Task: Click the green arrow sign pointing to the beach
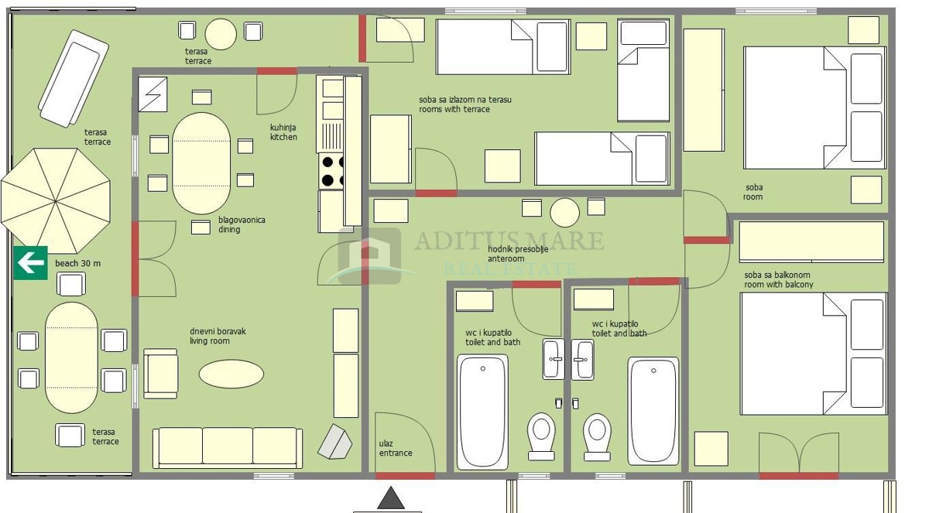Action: point(30,263)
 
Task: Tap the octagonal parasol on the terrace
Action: point(56,201)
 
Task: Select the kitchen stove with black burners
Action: point(331,171)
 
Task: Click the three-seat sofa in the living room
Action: point(228,448)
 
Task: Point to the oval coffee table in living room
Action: point(231,374)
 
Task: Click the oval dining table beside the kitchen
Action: point(201,163)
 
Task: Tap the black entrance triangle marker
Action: point(391,498)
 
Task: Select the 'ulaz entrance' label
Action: point(396,448)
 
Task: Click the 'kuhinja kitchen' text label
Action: point(283,132)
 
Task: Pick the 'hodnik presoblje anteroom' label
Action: point(518,254)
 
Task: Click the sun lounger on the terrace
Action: point(74,78)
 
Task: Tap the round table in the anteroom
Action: point(564,213)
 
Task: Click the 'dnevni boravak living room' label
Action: point(218,336)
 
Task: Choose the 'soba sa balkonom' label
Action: point(776,275)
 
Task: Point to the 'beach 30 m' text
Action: point(77,263)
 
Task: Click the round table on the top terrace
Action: point(221,34)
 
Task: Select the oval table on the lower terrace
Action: point(71,357)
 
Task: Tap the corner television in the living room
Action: point(335,442)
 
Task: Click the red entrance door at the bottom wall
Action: point(405,476)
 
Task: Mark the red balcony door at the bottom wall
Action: point(799,476)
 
